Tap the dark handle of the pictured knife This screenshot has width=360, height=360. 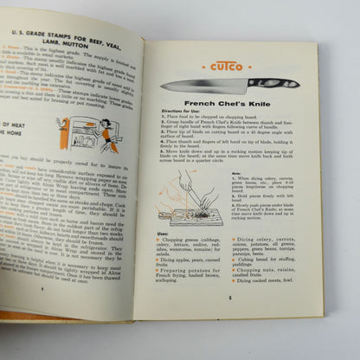pos(270,84)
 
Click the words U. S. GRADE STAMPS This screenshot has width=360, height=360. pos(51,39)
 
